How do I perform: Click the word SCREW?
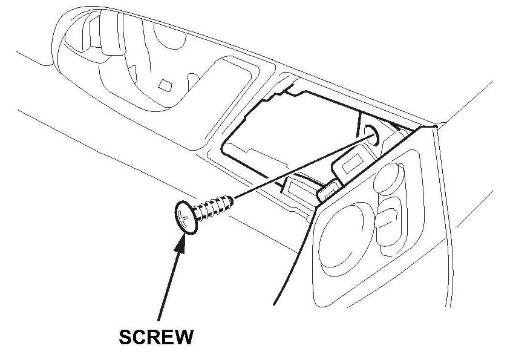[x=156, y=337]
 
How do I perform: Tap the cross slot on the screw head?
[x=184, y=215]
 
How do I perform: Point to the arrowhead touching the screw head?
[x=180, y=239]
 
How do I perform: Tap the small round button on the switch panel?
[x=386, y=179]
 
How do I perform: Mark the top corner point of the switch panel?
[x=435, y=127]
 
